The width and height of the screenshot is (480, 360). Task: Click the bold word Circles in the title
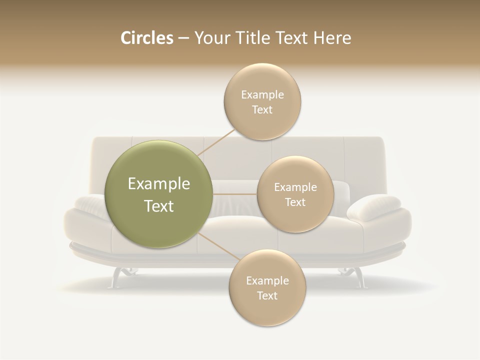coord(147,38)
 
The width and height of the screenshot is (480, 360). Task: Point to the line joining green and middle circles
coord(235,194)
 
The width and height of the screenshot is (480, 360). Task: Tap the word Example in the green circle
coord(159,184)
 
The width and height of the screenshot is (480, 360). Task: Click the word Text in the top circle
coord(262,109)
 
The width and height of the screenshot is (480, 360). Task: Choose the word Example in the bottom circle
coord(267,280)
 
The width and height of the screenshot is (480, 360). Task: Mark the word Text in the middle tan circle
coord(295,202)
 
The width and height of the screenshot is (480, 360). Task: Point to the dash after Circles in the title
coord(183,38)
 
